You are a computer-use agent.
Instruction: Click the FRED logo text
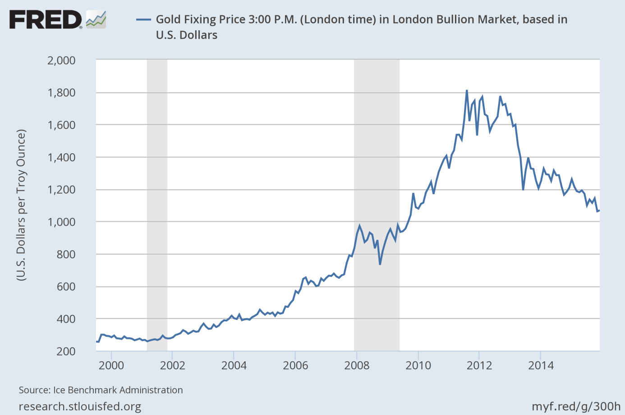click(45, 20)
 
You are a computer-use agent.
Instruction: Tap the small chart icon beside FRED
click(96, 19)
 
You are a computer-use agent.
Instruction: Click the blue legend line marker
click(143, 19)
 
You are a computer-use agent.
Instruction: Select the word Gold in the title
click(166, 19)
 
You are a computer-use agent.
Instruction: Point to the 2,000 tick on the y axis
click(61, 60)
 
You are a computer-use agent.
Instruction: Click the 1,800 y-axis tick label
click(61, 92)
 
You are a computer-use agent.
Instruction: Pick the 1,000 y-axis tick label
click(61, 222)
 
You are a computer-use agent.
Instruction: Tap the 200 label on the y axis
click(66, 351)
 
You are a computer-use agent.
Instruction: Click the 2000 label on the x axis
click(111, 365)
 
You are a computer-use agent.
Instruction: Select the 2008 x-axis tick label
click(357, 365)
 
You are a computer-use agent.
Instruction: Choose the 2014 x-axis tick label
click(541, 365)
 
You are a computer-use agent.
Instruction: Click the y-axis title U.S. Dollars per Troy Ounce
click(21, 205)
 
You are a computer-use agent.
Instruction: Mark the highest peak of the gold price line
click(467, 91)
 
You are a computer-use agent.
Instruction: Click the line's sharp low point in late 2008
click(380, 264)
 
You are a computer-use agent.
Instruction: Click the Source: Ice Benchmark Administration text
click(101, 390)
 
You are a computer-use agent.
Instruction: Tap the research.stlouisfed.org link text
click(80, 406)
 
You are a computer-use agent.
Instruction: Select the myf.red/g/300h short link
click(576, 406)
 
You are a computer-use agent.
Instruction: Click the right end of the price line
click(599, 210)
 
